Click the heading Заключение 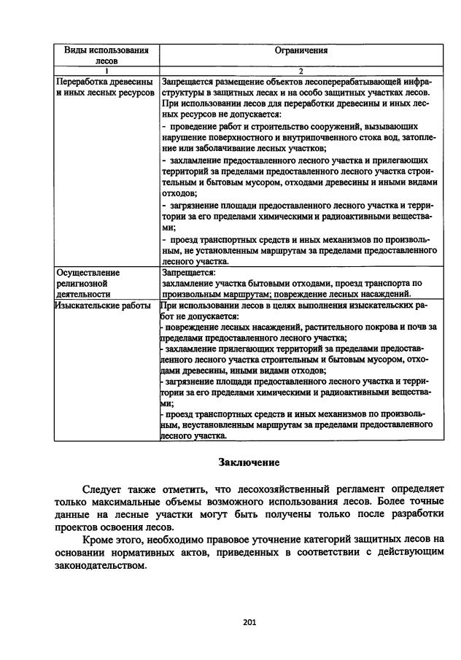tap(249, 462)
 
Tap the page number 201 tap(248, 622)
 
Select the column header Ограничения tap(301, 50)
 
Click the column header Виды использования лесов tap(106, 55)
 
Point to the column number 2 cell tap(301, 70)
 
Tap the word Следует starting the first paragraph tap(104, 489)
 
